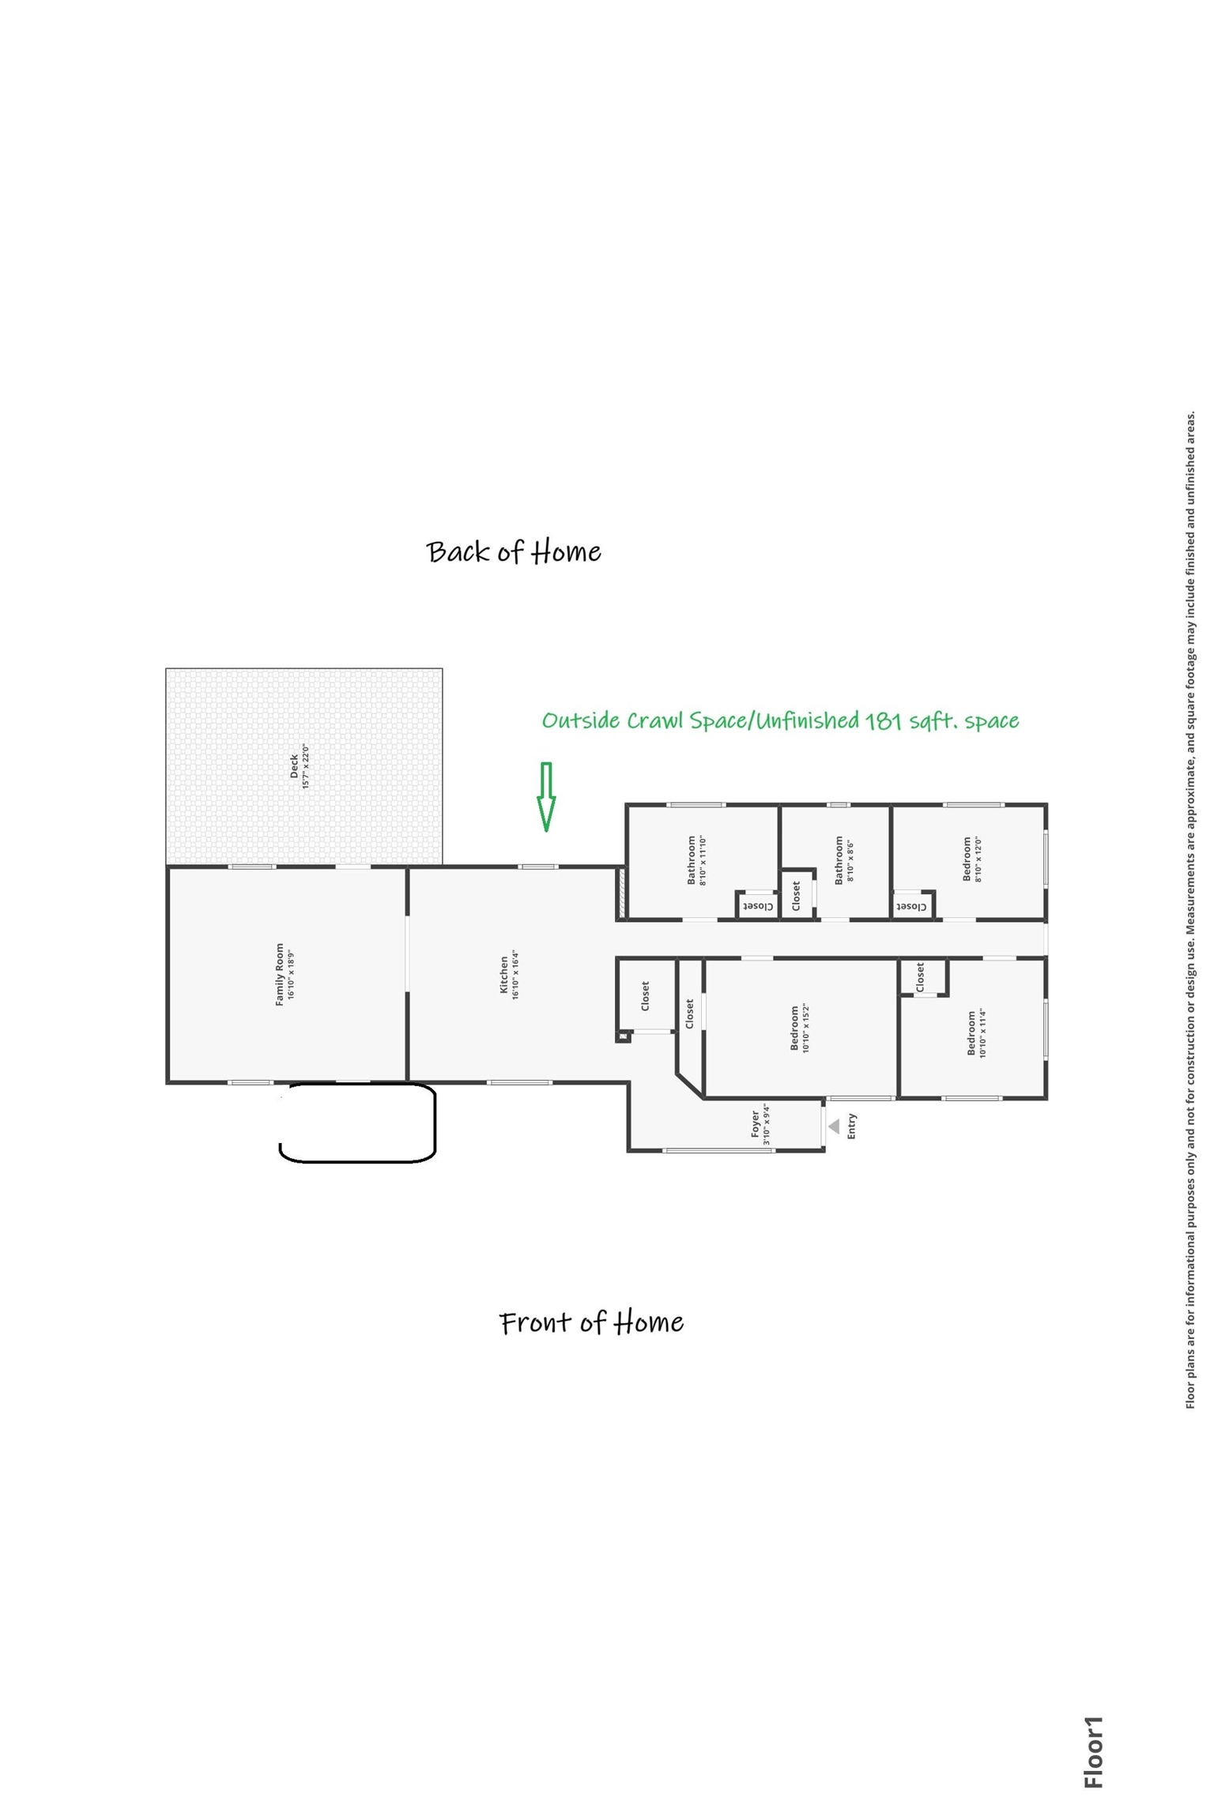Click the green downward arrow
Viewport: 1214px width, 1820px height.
click(545, 798)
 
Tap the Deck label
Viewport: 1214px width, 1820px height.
click(299, 766)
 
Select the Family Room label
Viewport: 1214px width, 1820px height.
click(285, 974)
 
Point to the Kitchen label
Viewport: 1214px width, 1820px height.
click(509, 974)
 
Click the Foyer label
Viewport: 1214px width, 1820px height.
click(760, 1124)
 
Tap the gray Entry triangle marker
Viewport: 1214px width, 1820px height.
click(833, 1126)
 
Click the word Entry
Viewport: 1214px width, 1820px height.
click(851, 1126)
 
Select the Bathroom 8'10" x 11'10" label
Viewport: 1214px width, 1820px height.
click(696, 860)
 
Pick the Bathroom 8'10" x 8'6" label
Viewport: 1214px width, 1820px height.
click(844, 861)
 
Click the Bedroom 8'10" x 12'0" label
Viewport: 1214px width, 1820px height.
click(971, 859)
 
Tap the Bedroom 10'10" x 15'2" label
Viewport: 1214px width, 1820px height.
click(800, 1028)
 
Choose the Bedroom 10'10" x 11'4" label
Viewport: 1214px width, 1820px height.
click(977, 1033)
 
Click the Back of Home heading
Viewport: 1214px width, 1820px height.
click(514, 551)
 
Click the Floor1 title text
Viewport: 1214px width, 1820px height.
click(1093, 1752)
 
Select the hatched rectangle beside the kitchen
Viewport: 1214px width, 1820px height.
click(622, 893)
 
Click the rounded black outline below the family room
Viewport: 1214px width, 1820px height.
click(357, 1124)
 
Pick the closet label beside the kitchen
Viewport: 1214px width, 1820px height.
click(645, 996)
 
